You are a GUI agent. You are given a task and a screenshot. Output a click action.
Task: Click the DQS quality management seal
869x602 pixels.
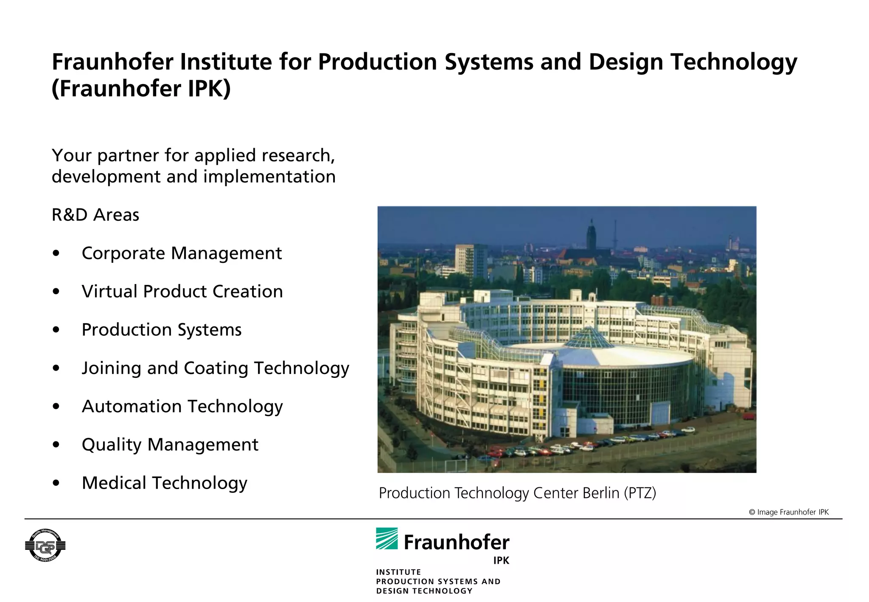45,546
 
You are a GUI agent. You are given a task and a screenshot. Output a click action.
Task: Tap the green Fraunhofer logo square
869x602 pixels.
387,538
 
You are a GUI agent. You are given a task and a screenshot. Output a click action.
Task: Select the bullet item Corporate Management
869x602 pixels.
182,253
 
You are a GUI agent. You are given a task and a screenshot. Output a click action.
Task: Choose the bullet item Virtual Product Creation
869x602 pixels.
182,292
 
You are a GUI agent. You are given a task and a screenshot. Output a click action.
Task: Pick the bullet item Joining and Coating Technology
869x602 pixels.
215,368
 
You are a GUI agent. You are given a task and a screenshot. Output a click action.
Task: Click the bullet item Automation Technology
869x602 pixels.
182,407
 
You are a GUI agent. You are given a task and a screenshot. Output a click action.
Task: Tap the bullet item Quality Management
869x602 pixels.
170,445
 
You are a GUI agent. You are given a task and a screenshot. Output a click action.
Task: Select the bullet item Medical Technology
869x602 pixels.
164,483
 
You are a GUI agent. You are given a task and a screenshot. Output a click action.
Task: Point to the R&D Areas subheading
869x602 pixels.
95,215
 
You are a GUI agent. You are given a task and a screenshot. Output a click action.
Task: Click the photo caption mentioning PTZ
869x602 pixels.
517,493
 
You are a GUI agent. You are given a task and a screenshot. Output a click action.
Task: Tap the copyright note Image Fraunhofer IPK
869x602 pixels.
788,512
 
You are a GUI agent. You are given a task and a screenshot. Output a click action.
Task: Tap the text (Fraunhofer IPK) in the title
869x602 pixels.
141,89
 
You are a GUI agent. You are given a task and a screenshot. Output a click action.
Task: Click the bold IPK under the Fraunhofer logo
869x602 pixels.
501,560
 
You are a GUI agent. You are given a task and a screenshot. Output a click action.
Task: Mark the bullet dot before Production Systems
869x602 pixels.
56,330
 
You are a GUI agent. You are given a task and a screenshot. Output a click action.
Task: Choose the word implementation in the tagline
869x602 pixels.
269,177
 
